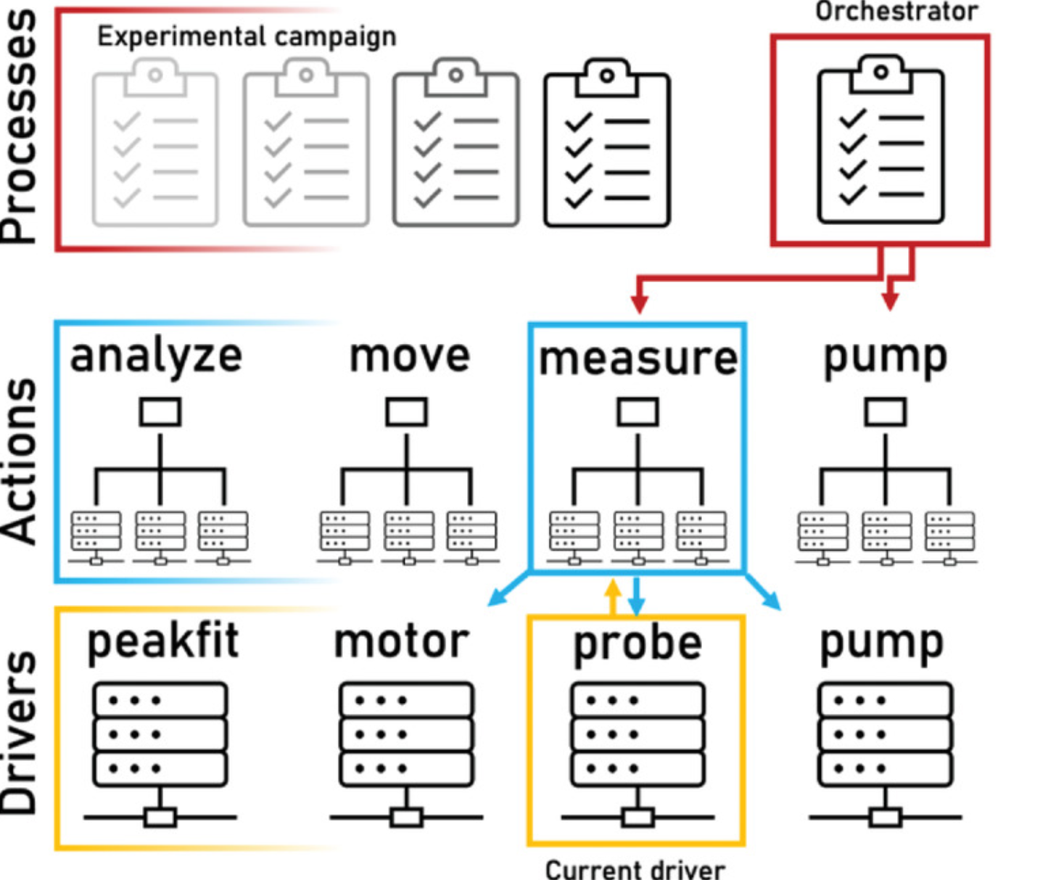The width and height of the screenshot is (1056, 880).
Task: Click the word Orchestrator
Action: (x=896, y=12)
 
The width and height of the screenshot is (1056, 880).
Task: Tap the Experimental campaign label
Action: (x=247, y=36)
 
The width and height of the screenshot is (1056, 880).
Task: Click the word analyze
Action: (x=156, y=357)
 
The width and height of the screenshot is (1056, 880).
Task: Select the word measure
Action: (x=638, y=358)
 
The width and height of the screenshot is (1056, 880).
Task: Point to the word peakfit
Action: (x=162, y=641)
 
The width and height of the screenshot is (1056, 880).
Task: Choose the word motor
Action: (x=401, y=641)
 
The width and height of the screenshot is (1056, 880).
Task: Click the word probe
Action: (x=638, y=644)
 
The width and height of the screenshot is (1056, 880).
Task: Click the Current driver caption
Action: (x=635, y=869)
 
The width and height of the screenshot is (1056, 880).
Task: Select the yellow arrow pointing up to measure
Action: (x=614, y=595)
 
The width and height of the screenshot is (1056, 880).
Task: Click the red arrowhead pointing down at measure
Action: (x=639, y=303)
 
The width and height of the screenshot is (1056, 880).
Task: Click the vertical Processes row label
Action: (x=20, y=127)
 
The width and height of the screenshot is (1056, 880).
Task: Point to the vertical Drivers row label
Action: (x=20, y=733)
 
